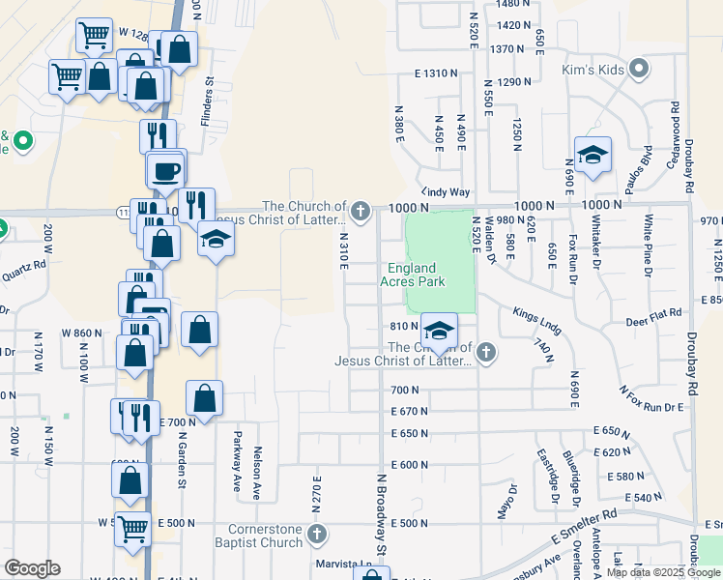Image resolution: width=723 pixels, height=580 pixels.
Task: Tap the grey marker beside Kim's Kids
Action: pos(638,69)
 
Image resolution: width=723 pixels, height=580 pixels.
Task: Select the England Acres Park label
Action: pos(426,275)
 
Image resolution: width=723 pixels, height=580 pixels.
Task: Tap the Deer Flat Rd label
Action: pos(653,312)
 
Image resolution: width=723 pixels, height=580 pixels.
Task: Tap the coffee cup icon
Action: pos(165,170)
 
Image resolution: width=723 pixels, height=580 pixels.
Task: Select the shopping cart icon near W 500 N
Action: pos(133,529)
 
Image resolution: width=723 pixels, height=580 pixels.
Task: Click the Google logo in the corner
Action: pos(32,568)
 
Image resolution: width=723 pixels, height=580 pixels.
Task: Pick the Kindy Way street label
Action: pos(445,192)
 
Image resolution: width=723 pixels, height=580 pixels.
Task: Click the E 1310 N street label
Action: pos(434,73)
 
